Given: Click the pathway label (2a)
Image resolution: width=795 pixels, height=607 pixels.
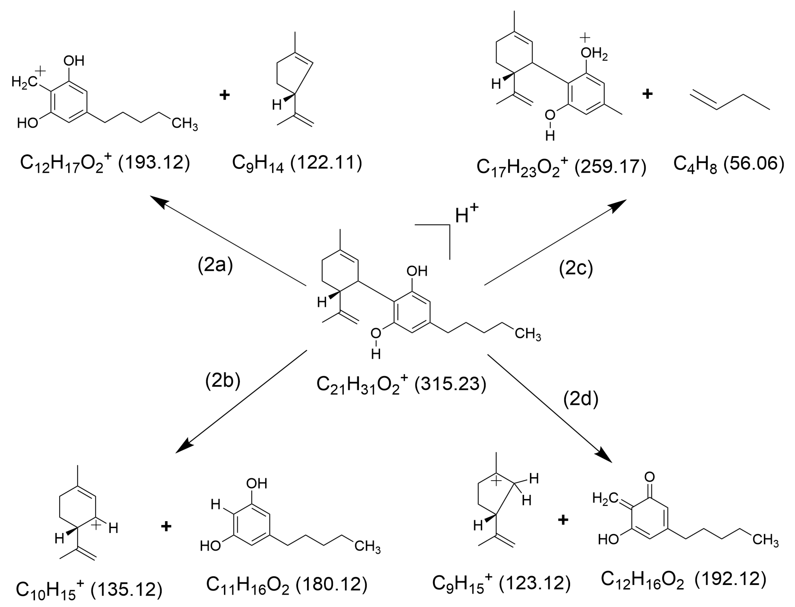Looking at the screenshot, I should coord(215,265).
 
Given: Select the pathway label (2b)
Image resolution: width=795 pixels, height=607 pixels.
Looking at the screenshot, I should coord(223,380).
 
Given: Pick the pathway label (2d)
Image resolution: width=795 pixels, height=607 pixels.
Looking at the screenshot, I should coord(581,398).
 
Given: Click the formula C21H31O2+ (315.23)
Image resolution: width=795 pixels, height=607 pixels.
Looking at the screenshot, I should coord(401,384).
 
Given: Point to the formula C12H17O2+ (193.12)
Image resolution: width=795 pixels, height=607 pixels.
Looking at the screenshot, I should coord(105,163).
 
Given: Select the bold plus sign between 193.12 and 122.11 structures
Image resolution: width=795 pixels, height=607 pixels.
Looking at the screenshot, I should coord(224,95).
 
